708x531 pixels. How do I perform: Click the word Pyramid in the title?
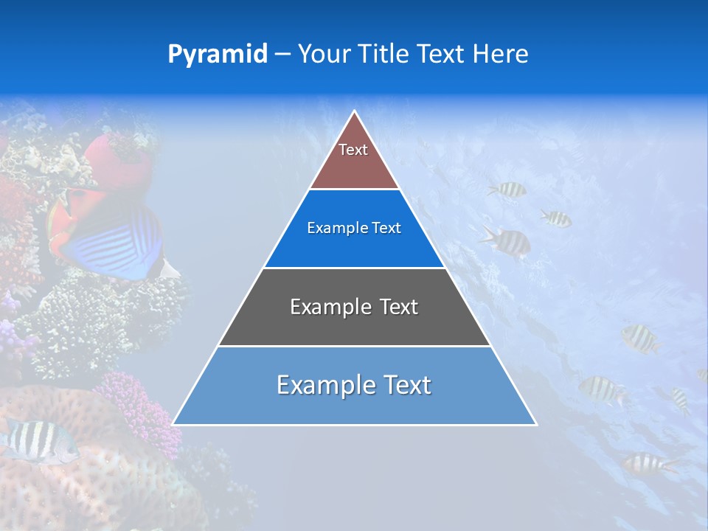pyautogui.click(x=217, y=55)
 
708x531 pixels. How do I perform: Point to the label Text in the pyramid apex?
pyautogui.click(x=353, y=150)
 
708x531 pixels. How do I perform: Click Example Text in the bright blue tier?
pyautogui.click(x=354, y=229)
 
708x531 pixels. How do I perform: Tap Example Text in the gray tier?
pyautogui.click(x=354, y=307)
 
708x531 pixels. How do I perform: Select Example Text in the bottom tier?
pyautogui.click(x=354, y=385)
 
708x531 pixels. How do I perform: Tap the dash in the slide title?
pyautogui.click(x=282, y=55)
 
